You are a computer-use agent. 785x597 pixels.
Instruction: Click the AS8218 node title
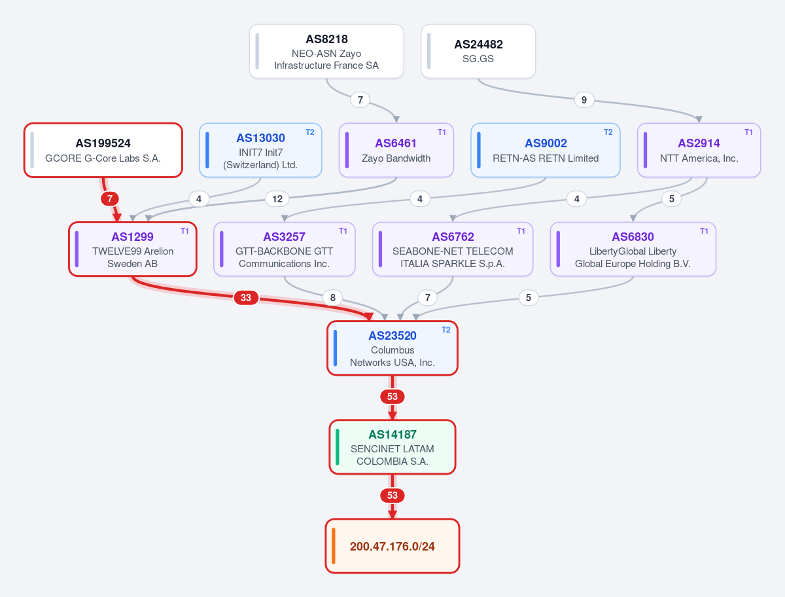pyautogui.click(x=326, y=39)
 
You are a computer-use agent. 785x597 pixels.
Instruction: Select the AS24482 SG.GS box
pyautogui.click(x=478, y=51)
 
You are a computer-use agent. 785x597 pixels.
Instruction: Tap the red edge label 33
pyautogui.click(x=246, y=298)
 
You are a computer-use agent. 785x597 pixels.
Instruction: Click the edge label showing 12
pyautogui.click(x=277, y=199)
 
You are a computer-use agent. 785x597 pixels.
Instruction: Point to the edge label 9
pyautogui.click(x=584, y=99)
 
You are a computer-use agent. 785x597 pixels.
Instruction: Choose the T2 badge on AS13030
pyautogui.click(x=309, y=132)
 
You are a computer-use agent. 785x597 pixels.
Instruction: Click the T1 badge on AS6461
pyautogui.click(x=442, y=132)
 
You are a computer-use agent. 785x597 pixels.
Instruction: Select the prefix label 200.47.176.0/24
pyautogui.click(x=392, y=546)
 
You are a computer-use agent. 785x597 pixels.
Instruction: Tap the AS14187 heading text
pyautogui.click(x=392, y=434)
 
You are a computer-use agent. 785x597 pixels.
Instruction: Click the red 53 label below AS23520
pyautogui.click(x=392, y=397)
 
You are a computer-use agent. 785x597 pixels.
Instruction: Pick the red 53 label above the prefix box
pyautogui.click(x=392, y=496)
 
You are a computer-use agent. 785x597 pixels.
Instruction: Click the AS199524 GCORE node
pyautogui.click(x=103, y=151)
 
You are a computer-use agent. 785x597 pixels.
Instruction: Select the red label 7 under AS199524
pyautogui.click(x=110, y=199)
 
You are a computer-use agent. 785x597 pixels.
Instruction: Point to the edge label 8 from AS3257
pyautogui.click(x=332, y=298)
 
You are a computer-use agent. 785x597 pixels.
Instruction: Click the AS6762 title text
pyautogui.click(x=453, y=237)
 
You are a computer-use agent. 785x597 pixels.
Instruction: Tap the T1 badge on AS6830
pyautogui.click(x=704, y=231)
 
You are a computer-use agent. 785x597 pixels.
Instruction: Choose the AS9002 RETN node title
pyautogui.click(x=546, y=143)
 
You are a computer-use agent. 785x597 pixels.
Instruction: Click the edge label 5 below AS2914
pyautogui.click(x=672, y=199)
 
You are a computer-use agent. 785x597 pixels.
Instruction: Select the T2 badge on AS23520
pyautogui.click(x=445, y=330)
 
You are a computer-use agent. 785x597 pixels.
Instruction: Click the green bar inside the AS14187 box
pyautogui.click(x=338, y=447)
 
